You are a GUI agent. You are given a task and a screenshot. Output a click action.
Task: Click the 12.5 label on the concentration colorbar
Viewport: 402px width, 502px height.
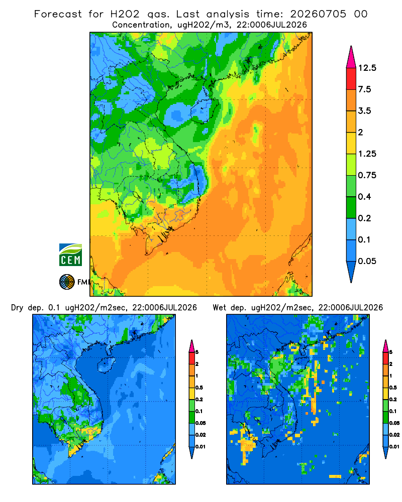367,68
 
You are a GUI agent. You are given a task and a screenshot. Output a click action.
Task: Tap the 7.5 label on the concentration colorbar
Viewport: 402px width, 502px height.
364,89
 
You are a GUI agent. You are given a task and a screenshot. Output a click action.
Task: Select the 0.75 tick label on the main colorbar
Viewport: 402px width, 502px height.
367,175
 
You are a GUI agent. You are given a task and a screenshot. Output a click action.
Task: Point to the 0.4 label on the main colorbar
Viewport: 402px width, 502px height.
364,197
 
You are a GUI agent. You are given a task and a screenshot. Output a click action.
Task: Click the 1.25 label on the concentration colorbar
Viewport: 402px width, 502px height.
367,154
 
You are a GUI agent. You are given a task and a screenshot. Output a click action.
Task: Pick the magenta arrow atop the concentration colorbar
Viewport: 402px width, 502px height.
351,57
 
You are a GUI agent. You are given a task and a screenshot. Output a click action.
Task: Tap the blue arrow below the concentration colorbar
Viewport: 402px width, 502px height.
351,272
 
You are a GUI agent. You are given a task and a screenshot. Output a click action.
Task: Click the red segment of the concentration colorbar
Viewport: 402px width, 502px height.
351,79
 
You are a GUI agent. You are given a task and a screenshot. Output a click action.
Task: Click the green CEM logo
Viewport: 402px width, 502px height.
70,255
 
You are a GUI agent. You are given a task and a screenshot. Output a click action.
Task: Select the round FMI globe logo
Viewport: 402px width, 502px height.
67,282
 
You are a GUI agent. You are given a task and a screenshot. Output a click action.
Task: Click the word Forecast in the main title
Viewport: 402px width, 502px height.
58,14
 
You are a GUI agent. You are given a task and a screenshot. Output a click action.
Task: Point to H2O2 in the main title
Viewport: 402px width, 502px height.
125,14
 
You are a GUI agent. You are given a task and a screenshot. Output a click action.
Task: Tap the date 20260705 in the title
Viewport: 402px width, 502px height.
318,14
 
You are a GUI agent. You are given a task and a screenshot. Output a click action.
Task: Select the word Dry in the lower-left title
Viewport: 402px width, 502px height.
17,308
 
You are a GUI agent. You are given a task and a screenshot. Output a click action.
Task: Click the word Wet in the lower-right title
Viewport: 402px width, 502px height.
219,308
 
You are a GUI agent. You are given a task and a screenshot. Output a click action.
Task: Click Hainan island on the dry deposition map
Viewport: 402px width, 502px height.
107,365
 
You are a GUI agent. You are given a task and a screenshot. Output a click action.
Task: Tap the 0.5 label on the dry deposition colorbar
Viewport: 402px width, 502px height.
199,388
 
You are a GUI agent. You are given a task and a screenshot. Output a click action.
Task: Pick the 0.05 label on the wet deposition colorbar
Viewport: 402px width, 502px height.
394,423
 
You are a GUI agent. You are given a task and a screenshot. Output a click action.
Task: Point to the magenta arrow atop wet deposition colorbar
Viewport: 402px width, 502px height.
385,346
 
